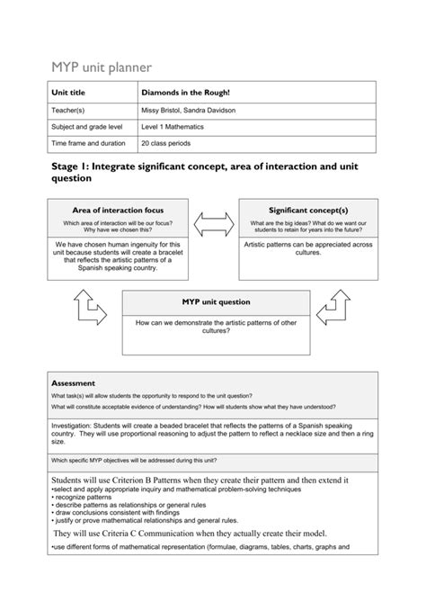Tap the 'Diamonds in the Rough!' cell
click(x=184, y=93)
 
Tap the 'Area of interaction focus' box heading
click(x=118, y=210)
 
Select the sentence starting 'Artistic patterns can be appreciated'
click(x=306, y=248)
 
